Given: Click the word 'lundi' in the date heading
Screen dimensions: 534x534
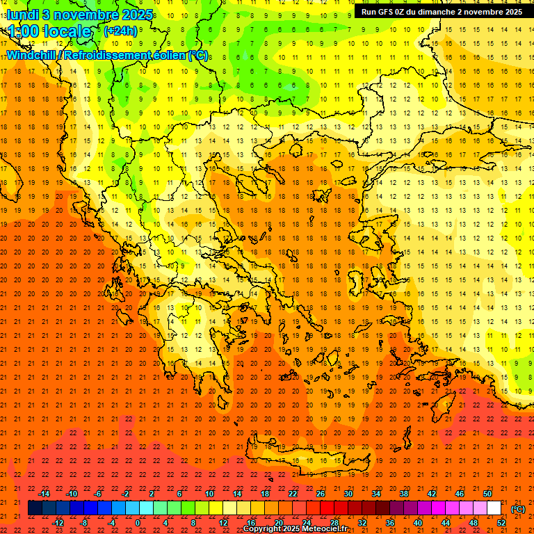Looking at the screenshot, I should coord(22,15).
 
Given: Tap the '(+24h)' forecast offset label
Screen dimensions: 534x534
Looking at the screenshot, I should coord(120,31).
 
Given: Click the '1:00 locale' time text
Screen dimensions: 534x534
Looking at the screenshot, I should coord(49,31).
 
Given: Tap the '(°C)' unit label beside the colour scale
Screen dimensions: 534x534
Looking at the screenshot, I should coord(517,509).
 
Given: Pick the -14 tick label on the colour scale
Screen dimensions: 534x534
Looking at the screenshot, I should coord(44,494).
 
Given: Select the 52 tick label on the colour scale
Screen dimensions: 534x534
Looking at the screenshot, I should coord(501,523).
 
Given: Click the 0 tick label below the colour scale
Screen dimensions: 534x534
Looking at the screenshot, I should coord(138,523).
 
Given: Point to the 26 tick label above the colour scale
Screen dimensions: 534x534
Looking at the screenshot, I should coord(320,494).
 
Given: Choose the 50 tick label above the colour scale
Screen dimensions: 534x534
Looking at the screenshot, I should coord(487,494).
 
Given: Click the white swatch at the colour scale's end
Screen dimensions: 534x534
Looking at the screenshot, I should coord(494,508).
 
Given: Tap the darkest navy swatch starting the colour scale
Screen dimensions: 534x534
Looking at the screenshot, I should coord(35,508).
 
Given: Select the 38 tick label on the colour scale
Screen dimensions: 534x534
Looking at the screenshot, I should coord(403,494).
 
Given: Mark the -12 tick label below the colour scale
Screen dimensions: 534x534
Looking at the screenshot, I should coord(58,523).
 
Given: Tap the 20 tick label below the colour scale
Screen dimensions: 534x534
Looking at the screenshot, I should coord(278,523).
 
